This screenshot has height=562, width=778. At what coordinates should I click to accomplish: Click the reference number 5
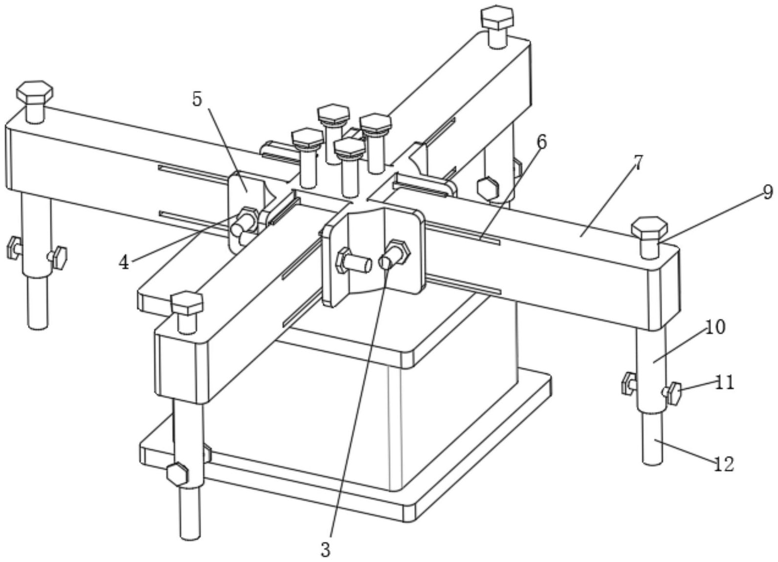[197, 100]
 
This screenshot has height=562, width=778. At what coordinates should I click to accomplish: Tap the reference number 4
[124, 263]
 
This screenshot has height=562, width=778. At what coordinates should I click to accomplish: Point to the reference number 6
[541, 142]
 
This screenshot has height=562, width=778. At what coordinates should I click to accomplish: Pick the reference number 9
[768, 192]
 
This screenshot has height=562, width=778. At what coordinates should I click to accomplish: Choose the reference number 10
[714, 327]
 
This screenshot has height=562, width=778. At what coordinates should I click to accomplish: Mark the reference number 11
[725, 382]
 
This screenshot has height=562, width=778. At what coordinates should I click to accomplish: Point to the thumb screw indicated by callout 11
[673, 393]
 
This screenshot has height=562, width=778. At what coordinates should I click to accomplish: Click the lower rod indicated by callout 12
[652, 438]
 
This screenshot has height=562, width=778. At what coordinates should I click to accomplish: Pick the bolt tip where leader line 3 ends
[385, 262]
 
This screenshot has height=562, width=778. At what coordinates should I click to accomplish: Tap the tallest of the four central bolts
[333, 134]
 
